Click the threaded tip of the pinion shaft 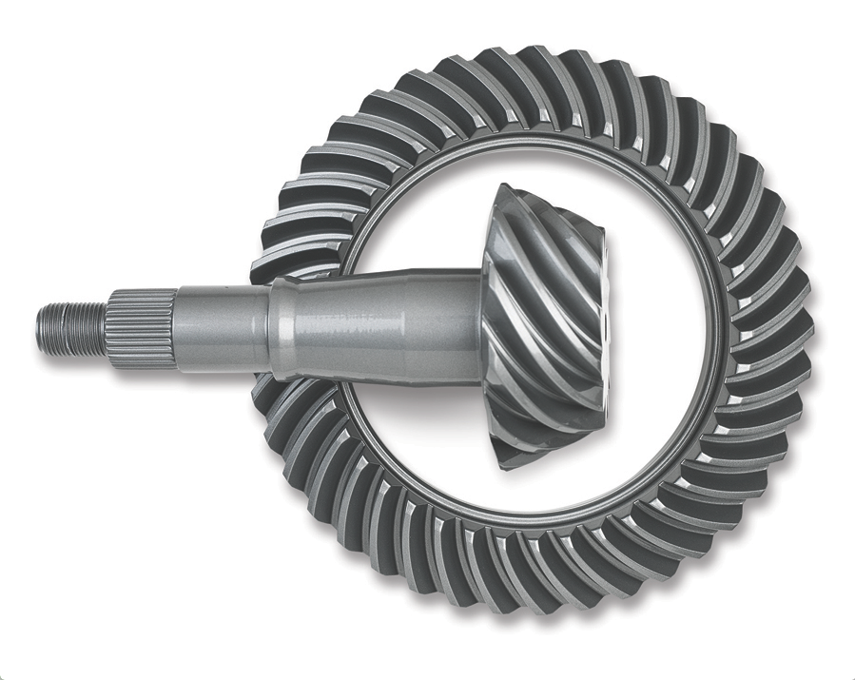[x=72, y=323]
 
